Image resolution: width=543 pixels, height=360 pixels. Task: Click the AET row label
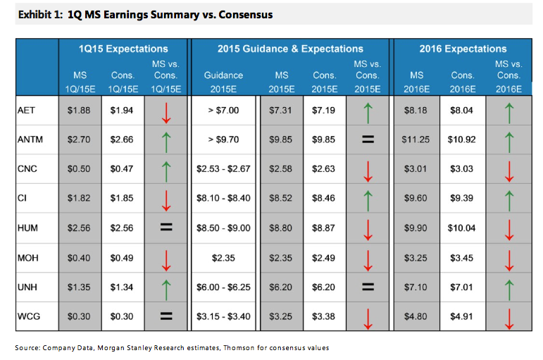pyautogui.click(x=26, y=110)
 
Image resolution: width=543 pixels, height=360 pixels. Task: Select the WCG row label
pyautogui.click(x=29, y=316)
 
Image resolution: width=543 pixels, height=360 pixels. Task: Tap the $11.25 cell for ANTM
pyautogui.click(x=416, y=139)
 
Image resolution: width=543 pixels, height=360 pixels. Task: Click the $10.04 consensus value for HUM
pyautogui.click(x=461, y=228)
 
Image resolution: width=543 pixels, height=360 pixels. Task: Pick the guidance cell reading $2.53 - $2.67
pyautogui.click(x=223, y=169)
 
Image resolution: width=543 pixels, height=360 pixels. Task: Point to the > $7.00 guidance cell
pyautogui.click(x=223, y=110)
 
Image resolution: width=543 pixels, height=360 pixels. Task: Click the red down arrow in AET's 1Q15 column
pyautogui.click(x=166, y=113)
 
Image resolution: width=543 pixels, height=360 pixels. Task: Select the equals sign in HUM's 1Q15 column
pyautogui.click(x=166, y=228)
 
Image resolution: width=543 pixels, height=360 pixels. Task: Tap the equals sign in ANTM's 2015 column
pyautogui.click(x=368, y=139)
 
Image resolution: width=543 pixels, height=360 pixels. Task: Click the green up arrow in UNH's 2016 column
pyautogui.click(x=509, y=290)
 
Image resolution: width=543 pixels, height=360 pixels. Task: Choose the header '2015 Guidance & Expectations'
pyautogui.click(x=290, y=49)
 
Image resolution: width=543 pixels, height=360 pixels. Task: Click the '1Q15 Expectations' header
pyautogui.click(x=123, y=49)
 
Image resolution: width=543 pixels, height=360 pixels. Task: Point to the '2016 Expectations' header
pyautogui.click(x=463, y=49)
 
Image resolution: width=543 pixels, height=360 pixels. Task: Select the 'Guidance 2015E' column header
pyautogui.click(x=223, y=82)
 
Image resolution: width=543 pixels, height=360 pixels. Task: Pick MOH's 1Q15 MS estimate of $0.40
pyautogui.click(x=79, y=258)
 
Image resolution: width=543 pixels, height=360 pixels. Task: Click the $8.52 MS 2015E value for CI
pyautogui.click(x=280, y=198)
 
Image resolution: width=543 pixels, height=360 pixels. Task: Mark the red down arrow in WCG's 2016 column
pyautogui.click(x=509, y=319)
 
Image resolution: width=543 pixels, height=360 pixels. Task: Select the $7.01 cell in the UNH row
pyautogui.click(x=461, y=287)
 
